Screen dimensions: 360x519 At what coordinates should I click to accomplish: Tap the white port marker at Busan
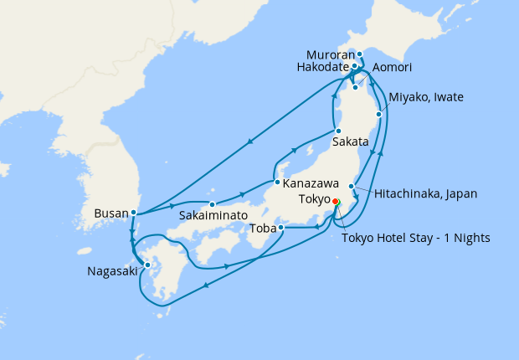pyautogui.click(x=134, y=213)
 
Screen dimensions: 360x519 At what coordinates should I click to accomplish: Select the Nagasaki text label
pyautogui.click(x=112, y=271)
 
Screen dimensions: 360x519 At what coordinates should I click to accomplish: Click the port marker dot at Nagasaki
pyautogui.click(x=147, y=265)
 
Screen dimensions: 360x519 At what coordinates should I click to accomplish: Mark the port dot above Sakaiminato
pyautogui.click(x=213, y=203)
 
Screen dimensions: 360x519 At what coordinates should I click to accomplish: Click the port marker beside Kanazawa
pyautogui.click(x=277, y=182)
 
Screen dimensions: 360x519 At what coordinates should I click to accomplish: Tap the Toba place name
pyautogui.click(x=265, y=227)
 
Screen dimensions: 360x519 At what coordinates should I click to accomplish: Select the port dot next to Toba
pyautogui.click(x=281, y=227)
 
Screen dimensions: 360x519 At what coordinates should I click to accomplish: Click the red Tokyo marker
pyautogui.click(x=335, y=202)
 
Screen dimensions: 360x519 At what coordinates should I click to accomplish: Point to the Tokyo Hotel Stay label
pyautogui.click(x=416, y=238)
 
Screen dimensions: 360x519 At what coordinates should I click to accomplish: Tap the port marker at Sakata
pyautogui.click(x=337, y=131)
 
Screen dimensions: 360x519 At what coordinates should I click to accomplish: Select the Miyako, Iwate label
pyautogui.click(x=425, y=98)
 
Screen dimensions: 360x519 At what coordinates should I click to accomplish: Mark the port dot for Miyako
pyautogui.click(x=380, y=114)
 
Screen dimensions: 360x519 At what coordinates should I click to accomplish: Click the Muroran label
pyautogui.click(x=331, y=54)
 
